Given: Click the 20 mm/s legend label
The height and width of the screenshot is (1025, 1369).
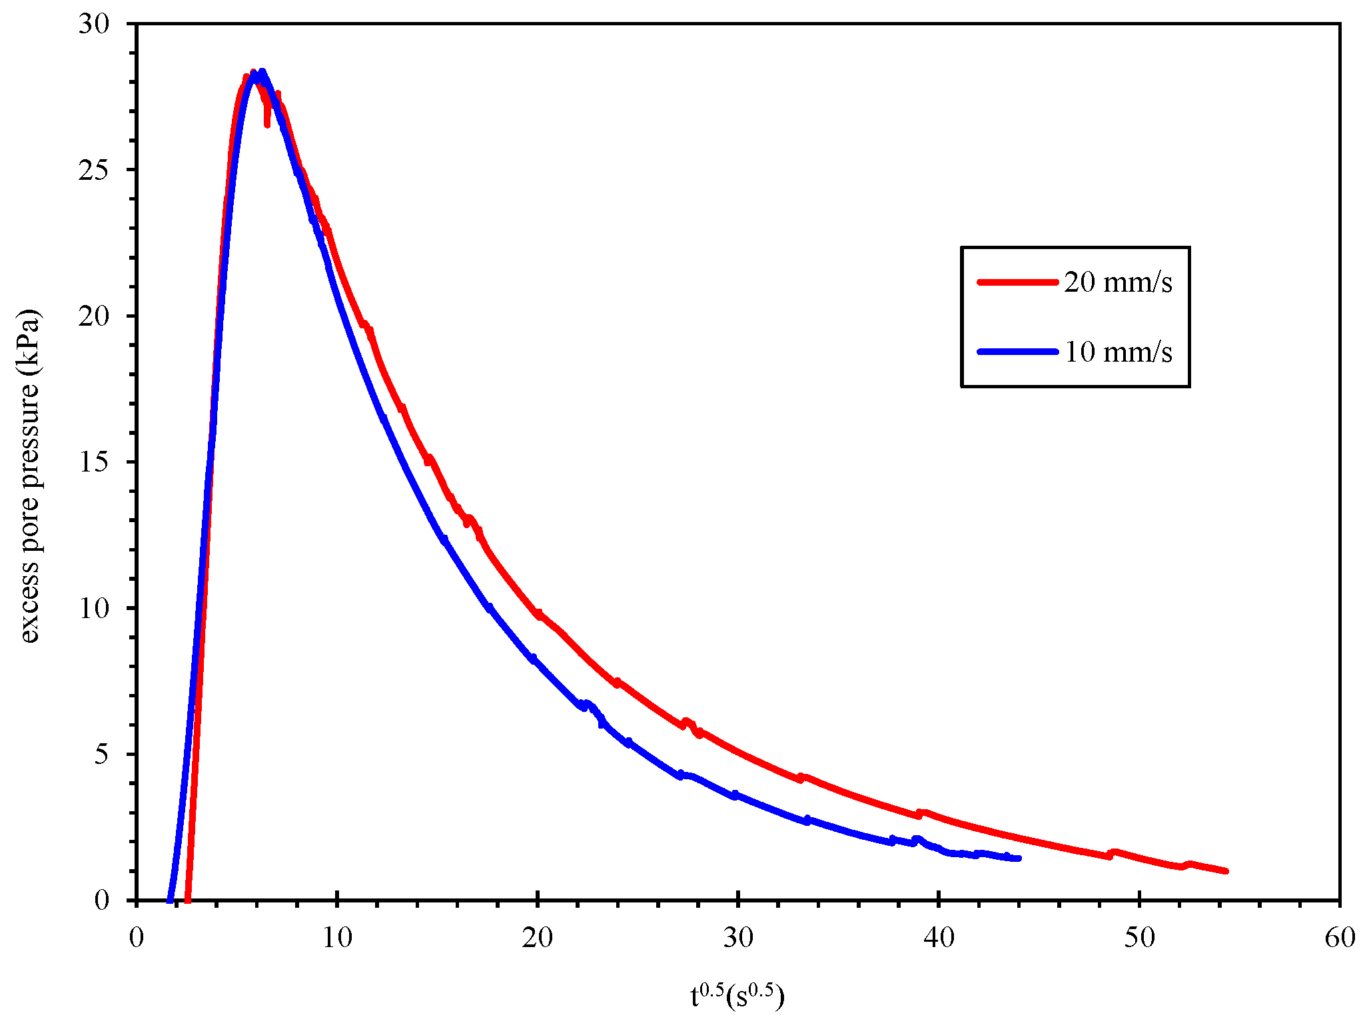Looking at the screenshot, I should [1117, 282].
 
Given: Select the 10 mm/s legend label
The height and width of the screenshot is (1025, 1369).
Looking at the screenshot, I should [1117, 352].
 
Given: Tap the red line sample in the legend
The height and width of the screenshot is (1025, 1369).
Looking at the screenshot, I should [1017, 282].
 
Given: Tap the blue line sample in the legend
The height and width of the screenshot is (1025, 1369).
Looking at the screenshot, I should [1017, 352].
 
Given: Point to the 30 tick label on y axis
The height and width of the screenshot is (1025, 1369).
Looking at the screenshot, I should [93, 25].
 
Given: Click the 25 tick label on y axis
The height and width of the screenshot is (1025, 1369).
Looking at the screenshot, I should [93, 171].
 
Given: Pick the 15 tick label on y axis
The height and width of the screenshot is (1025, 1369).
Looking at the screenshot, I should [93, 462].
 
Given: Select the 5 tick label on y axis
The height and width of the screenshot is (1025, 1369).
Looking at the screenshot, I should [101, 755].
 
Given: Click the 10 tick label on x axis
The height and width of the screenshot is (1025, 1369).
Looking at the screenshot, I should [337, 938].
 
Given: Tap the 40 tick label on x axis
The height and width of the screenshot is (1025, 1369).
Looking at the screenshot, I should [939, 938].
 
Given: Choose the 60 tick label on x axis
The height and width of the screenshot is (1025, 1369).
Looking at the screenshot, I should [1339, 938].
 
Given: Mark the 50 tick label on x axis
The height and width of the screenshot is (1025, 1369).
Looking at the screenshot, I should [1139, 938].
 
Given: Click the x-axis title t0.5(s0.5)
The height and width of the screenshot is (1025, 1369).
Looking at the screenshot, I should [737, 996].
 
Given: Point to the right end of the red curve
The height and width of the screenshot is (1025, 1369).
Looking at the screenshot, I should [1225, 870].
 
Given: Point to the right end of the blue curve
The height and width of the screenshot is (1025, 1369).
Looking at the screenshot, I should [1019, 858].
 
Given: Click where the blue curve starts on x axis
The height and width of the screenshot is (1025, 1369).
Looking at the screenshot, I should [169, 899].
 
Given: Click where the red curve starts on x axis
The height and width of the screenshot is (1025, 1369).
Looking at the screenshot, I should [188, 899].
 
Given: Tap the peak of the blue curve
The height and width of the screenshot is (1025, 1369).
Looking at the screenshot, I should [262, 72].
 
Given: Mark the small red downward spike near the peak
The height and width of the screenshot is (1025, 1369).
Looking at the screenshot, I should [267, 123].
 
